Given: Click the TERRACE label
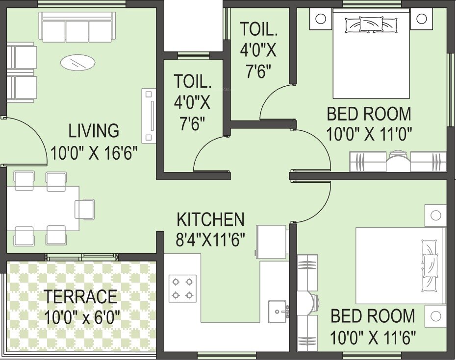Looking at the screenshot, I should point(81,297).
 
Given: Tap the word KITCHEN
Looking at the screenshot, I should point(210,219).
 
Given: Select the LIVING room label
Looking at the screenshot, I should point(94,131).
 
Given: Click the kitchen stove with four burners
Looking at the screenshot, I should point(182,288).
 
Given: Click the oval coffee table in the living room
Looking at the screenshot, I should point(78,62).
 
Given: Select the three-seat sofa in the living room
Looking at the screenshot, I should point(77,27).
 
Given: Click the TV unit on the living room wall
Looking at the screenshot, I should point(149,115).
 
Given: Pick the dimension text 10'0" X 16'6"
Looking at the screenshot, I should point(94,152).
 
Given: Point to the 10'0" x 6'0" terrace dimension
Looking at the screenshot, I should point(81,318).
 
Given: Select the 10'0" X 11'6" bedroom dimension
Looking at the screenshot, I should point(374,337).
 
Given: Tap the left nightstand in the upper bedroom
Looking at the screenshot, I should point(320,19).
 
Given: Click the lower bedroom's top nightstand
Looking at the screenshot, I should point(435,215).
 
